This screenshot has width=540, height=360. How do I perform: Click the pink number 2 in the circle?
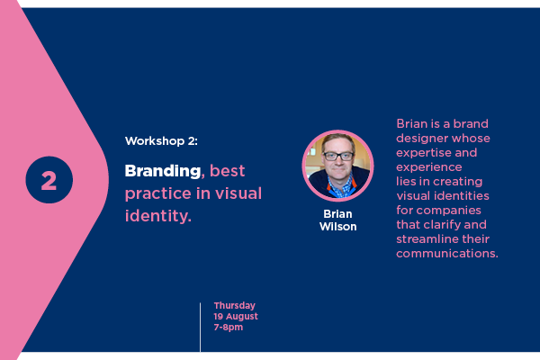pos(49,181)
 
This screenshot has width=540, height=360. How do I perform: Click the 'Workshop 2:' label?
pos(161,141)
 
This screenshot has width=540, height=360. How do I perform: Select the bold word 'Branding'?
pos(163,171)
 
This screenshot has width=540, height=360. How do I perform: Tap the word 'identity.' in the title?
pos(158,216)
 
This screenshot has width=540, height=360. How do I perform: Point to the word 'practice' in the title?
pos(157,194)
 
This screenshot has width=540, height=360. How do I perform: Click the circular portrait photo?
pos(337,166)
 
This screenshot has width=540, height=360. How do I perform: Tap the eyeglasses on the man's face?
pos(338,156)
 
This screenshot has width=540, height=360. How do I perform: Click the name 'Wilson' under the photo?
pos(337,227)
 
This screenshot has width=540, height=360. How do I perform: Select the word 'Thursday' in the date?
pos(235,306)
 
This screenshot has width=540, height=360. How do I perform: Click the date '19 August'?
pos(236,316)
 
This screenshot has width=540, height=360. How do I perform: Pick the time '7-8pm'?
pos(228,327)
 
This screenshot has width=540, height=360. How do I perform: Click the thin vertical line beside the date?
pos(200,328)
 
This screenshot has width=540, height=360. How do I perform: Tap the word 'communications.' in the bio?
pos(447,254)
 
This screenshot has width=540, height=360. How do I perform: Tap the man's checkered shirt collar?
pos(339,187)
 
